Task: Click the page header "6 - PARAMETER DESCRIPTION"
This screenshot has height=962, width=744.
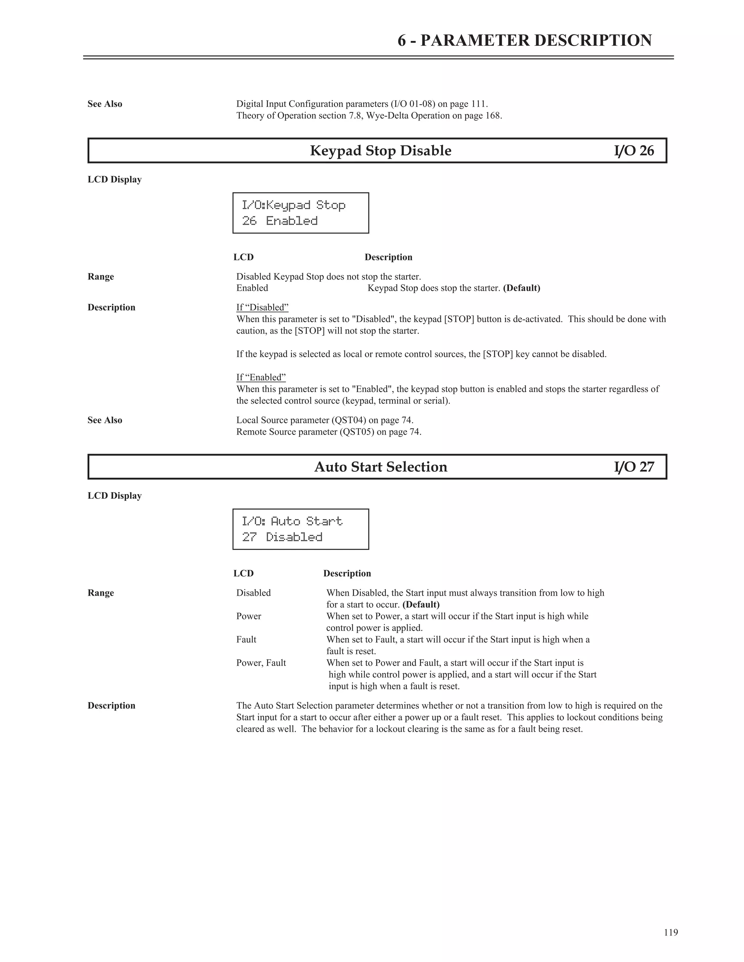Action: coord(525,41)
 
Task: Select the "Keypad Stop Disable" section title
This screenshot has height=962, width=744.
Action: coord(380,151)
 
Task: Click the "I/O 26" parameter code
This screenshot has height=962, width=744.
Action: coord(634,151)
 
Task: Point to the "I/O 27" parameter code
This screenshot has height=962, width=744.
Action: coord(634,467)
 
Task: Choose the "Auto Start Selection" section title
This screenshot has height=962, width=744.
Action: coord(380,467)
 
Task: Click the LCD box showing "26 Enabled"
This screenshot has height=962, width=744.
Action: coord(300,213)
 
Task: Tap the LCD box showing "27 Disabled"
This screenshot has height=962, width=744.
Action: coord(300,529)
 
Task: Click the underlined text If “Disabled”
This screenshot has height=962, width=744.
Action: coord(262,307)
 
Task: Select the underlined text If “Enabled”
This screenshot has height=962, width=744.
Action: coord(261,378)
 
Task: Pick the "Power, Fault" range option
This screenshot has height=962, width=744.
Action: coord(261,663)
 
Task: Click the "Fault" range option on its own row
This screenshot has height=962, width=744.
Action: coord(246,640)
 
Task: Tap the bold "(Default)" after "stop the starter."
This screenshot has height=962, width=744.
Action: coord(521,288)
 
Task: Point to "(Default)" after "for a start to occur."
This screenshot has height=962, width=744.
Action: coord(421,604)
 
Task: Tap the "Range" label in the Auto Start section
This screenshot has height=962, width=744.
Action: coord(101,593)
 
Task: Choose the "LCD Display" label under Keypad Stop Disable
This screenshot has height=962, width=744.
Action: coord(114,180)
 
